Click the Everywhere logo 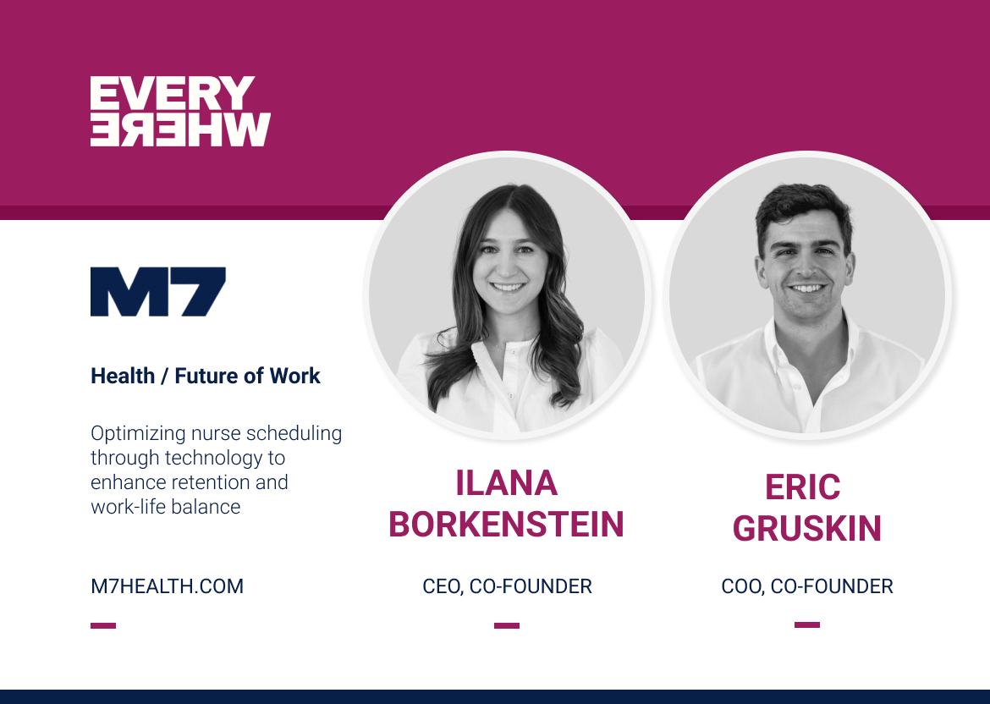point(180,112)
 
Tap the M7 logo point(158,292)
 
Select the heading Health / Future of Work point(205,377)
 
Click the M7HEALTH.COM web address point(167,586)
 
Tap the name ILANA point(506,483)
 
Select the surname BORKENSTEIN point(506,525)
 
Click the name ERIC point(802,487)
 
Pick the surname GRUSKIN point(806,529)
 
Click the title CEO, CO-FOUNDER point(507,586)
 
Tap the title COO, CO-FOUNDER point(806,586)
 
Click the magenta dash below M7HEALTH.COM point(103,626)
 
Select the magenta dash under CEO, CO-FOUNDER point(507,626)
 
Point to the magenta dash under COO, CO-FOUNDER point(806,625)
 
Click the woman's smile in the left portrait point(508,288)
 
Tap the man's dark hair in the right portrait point(804,207)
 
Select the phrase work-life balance point(165,507)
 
